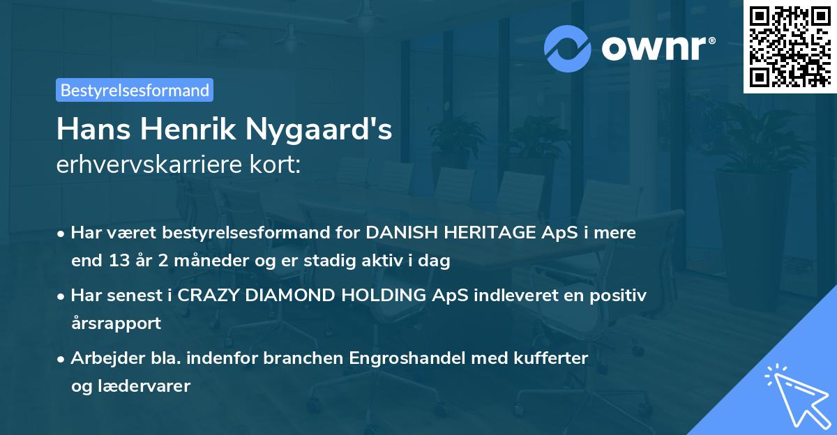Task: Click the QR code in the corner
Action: pos(790,47)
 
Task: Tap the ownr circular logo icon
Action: pos(568,48)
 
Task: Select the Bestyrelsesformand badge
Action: pos(135,90)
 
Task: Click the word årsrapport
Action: pos(116,323)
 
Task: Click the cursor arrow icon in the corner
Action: pos(795,395)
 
